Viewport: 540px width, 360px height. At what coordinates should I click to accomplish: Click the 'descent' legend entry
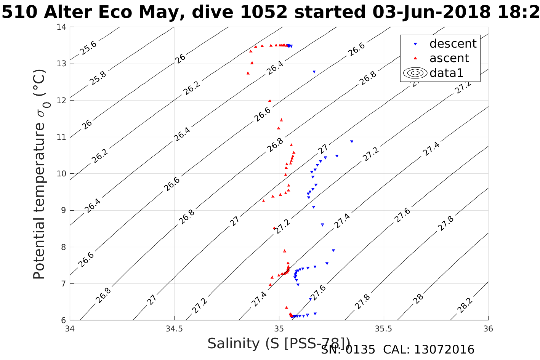[x=453, y=44]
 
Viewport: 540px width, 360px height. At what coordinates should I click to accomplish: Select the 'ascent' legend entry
[x=449, y=58]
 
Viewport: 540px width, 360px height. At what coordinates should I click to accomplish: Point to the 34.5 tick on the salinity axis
[x=174, y=328]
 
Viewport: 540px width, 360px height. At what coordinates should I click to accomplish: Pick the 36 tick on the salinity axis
[x=488, y=328]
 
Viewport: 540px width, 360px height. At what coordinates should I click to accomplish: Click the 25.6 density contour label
[x=88, y=48]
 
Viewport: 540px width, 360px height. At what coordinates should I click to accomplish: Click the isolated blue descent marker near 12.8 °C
[x=314, y=72]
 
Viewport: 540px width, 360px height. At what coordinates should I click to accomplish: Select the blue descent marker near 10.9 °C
[x=351, y=141]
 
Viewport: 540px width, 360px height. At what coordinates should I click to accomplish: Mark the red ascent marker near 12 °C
[x=270, y=101]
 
